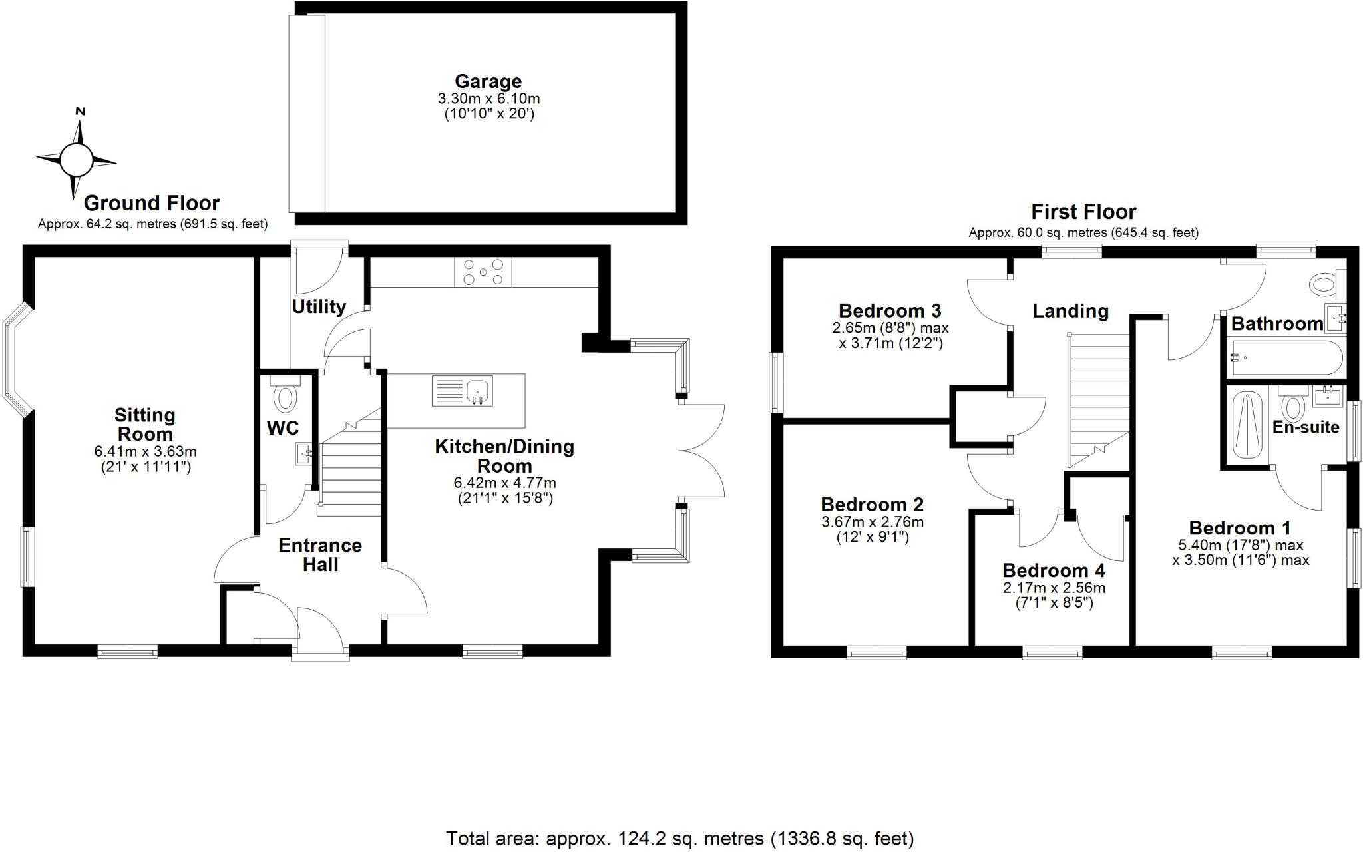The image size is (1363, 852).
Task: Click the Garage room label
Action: click(x=488, y=82)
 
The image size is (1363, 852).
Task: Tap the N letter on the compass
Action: click(x=81, y=112)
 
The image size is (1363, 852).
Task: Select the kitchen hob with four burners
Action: click(x=483, y=272)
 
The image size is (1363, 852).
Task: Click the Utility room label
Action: click(x=319, y=306)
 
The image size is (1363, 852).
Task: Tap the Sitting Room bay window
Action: click(x=16, y=359)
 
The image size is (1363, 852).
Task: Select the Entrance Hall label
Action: click(x=320, y=555)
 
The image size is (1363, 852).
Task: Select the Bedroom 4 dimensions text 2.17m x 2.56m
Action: click(x=1054, y=588)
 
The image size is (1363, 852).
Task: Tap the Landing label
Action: click(x=1070, y=311)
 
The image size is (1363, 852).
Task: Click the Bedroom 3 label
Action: click(x=890, y=311)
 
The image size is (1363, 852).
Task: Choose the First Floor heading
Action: click(x=1083, y=212)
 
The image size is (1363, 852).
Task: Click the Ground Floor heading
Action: click(x=152, y=203)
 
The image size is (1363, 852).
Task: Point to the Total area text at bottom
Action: click(x=680, y=838)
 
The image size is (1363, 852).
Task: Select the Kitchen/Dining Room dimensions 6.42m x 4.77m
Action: click(x=504, y=483)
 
